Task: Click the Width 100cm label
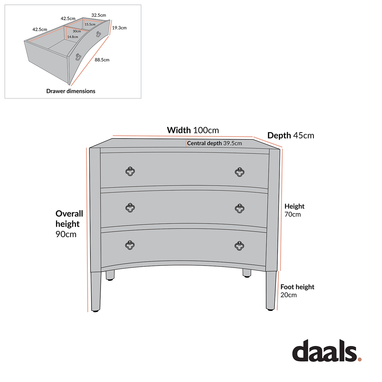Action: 193,130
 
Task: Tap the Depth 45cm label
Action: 291,135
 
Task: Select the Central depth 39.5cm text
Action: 214,143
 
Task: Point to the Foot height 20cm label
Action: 297,291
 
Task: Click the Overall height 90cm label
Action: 69,224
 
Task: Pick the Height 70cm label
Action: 294,210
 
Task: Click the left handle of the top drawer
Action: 130,171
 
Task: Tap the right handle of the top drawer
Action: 240,172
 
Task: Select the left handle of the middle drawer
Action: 130,208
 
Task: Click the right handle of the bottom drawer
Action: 239,246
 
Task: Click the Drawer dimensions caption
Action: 71,91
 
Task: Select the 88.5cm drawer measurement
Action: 102,60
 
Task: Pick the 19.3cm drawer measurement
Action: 119,28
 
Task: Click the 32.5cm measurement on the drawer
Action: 99,15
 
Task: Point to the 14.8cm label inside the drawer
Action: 72,37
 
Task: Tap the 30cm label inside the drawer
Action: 77,31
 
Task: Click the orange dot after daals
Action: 359,359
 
